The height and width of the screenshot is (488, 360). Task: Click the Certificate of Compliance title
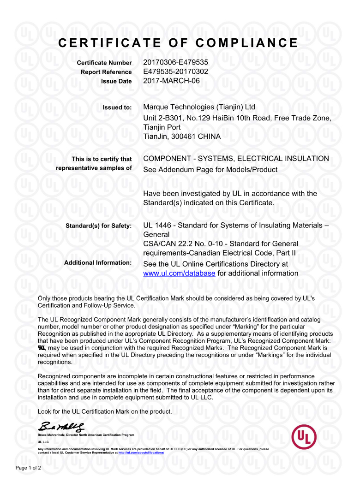point(179,43)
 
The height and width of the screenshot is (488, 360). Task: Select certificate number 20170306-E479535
point(175,62)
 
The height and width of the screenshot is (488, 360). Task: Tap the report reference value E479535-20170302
point(175,71)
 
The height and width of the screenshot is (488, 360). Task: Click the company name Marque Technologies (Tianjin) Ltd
point(199,107)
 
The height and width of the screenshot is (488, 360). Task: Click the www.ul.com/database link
point(180,273)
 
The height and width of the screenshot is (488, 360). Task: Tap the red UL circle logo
point(304,436)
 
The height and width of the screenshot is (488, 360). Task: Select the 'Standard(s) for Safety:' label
point(99,226)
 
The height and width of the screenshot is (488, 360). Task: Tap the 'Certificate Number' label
point(104,63)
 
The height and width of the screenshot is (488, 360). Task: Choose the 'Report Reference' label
point(106,72)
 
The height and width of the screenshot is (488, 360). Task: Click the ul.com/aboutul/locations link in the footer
point(141,452)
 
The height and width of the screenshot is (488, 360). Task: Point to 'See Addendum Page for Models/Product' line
point(210,169)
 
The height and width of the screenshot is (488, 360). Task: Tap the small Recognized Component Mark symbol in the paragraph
point(41,348)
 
